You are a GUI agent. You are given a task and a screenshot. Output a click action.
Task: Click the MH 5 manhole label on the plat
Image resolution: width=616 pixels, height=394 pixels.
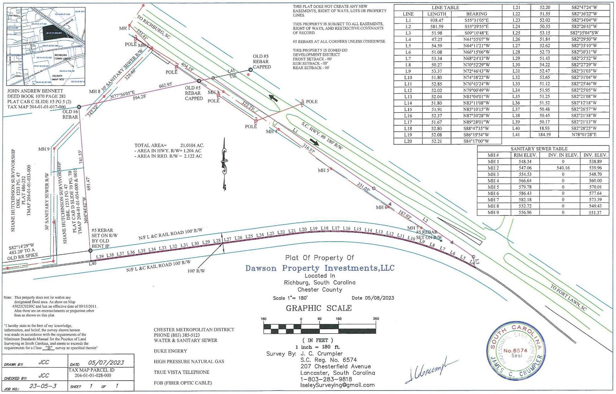click(x=323, y=171)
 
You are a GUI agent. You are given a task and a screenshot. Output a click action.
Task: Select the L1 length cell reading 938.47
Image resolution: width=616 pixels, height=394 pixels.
click(x=436, y=20)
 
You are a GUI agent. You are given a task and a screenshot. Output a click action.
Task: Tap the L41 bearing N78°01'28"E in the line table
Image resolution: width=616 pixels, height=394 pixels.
click(x=584, y=135)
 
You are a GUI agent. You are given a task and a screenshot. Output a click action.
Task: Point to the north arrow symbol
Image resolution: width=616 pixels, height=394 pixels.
click(x=224, y=164)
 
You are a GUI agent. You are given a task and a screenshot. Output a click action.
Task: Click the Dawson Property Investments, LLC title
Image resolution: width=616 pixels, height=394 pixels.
click(x=320, y=268)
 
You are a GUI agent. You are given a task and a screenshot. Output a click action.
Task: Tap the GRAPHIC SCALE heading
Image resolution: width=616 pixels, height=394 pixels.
click(x=319, y=308)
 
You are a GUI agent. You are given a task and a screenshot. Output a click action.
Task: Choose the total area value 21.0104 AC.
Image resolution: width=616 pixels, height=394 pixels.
click(x=192, y=146)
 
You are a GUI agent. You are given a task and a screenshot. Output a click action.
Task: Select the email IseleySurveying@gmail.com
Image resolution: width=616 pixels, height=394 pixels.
click(x=337, y=385)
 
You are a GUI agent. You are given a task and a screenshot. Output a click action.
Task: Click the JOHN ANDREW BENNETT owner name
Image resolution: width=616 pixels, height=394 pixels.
click(x=35, y=91)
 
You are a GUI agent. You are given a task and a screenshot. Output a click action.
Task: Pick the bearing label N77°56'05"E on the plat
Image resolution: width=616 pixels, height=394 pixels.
click(x=122, y=96)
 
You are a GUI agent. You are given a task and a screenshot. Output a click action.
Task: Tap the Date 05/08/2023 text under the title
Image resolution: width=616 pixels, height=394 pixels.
click(x=373, y=298)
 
